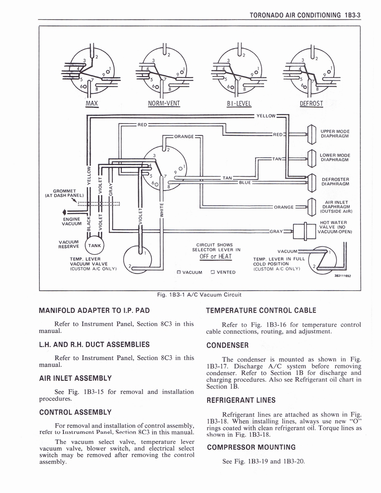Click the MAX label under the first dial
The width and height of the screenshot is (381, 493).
(92, 104)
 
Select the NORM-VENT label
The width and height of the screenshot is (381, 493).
(164, 104)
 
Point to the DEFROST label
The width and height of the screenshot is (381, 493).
(311, 104)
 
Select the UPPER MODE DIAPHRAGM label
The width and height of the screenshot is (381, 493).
(335, 133)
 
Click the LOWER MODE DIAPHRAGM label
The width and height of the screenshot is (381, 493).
(335, 157)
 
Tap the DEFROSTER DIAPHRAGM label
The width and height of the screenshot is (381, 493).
(335, 181)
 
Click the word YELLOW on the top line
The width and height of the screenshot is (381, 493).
(265, 116)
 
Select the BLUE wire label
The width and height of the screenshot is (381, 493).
(245, 182)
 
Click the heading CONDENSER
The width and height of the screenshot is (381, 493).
(227, 345)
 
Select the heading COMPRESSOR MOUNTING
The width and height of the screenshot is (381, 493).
(250, 447)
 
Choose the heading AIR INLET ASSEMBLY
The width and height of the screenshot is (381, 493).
(75, 378)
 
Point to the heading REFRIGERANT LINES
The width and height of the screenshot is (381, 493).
(241, 400)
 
